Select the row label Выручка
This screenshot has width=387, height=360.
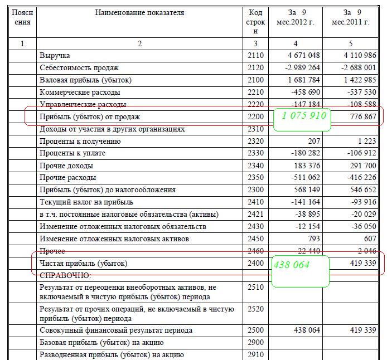click(x=55, y=56)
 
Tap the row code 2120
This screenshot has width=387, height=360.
click(x=254, y=68)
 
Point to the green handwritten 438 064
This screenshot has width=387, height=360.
click(x=291, y=265)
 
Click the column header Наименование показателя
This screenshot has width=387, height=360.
click(x=139, y=12)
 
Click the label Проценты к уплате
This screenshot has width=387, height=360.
click(x=72, y=153)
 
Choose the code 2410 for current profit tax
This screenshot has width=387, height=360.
click(x=254, y=202)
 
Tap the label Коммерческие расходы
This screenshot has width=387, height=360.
click(x=80, y=93)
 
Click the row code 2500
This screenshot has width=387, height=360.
click(x=254, y=330)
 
